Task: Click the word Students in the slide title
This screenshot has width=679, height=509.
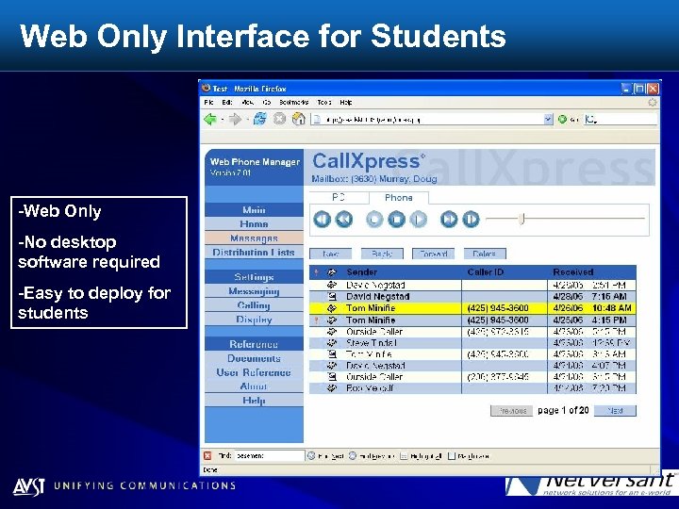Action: [x=439, y=37]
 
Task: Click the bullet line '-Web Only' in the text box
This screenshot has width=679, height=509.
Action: [x=59, y=211]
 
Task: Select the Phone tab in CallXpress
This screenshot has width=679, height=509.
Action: [x=398, y=197]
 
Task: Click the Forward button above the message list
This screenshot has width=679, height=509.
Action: [x=433, y=254]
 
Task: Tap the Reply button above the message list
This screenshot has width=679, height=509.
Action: [x=381, y=254]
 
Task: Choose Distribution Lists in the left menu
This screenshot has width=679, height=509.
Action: [x=254, y=253]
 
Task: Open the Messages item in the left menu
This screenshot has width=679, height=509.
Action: [x=254, y=238]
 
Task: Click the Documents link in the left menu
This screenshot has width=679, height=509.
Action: [x=254, y=358]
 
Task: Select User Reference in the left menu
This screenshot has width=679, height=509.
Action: [x=254, y=372]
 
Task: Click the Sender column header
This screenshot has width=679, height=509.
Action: [x=362, y=271]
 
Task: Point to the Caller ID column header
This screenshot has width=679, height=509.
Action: [x=487, y=271]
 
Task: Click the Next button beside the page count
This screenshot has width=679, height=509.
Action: [x=615, y=411]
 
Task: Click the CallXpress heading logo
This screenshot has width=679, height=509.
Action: [x=368, y=161]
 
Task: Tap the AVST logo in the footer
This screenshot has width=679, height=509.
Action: [x=27, y=486]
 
